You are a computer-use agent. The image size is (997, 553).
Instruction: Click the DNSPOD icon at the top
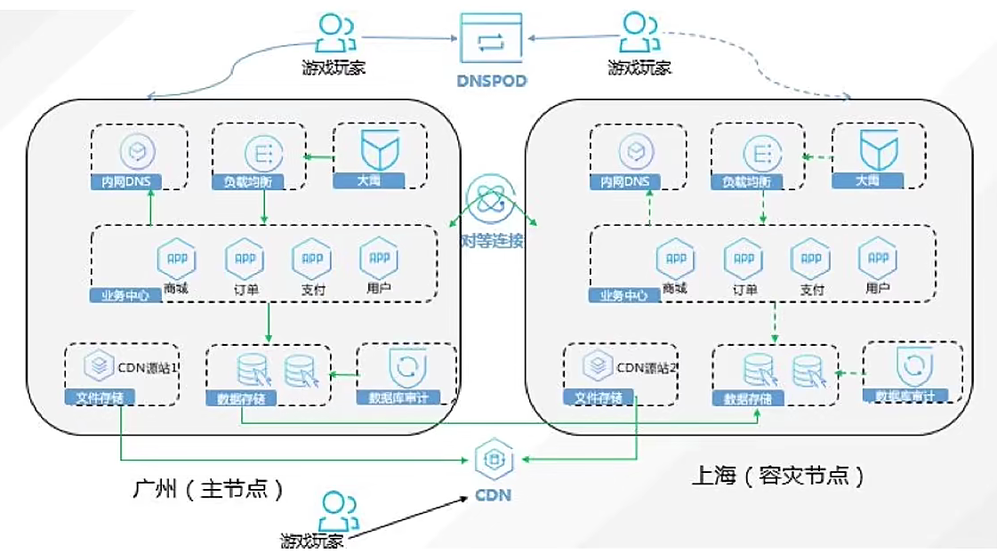click(492, 38)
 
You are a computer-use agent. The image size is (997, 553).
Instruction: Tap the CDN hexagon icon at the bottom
click(491, 461)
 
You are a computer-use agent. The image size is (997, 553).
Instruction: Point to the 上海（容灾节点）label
click(777, 476)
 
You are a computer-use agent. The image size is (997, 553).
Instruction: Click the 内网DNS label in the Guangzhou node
click(125, 182)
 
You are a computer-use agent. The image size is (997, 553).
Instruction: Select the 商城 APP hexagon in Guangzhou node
click(175, 258)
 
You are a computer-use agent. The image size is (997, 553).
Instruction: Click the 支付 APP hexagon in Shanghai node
click(810, 259)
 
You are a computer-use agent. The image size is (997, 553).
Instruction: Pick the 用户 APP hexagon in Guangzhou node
click(378, 258)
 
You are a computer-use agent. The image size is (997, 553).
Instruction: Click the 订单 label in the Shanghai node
click(744, 290)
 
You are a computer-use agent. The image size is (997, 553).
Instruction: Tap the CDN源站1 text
click(149, 364)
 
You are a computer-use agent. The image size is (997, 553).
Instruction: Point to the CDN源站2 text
click(647, 364)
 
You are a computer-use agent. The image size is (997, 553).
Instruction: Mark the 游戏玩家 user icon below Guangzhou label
click(336, 511)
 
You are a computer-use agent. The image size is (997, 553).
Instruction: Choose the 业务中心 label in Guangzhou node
click(125, 294)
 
